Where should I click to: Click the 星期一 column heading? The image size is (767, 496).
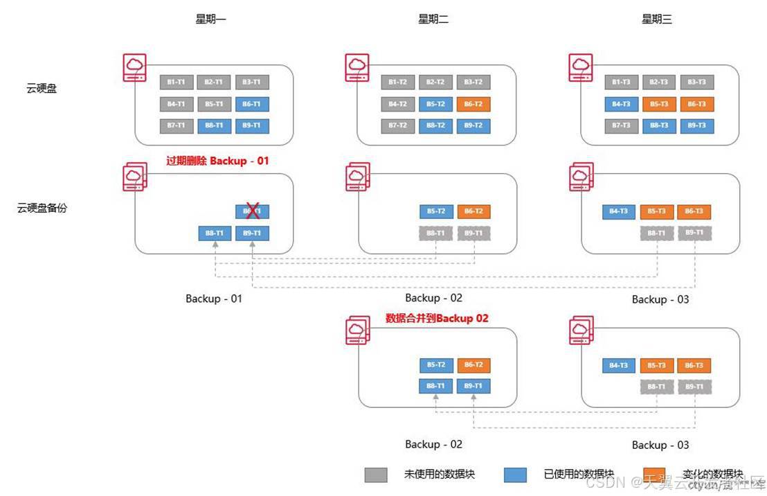pos(211,19)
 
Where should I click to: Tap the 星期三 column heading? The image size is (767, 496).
pos(657,19)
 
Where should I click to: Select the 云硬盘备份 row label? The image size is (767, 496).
pos(42,207)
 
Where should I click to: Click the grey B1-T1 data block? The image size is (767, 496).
pos(176,82)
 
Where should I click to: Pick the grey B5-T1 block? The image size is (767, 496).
pos(214,105)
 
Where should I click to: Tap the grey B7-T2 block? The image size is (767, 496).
pos(397,126)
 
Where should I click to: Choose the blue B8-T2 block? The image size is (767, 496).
pos(435,126)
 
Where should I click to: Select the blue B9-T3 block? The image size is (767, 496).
pos(696,126)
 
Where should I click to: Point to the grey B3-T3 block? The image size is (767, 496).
pos(696,82)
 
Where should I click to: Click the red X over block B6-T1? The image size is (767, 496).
pos(253,211)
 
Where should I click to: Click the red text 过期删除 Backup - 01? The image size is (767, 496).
pos(217,161)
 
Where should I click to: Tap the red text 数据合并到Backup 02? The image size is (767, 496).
pos(437,319)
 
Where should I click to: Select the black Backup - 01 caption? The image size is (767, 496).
pos(214,299)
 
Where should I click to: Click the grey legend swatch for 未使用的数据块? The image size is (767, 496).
pos(376,475)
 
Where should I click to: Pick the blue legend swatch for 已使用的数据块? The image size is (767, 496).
pos(516,475)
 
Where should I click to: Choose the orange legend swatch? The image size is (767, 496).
pos(654,475)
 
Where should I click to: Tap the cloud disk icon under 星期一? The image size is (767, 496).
pos(134,68)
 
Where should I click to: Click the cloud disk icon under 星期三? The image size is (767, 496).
pos(580,68)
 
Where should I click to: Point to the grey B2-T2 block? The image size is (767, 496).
pos(435,82)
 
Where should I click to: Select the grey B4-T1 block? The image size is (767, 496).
pos(176,105)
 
